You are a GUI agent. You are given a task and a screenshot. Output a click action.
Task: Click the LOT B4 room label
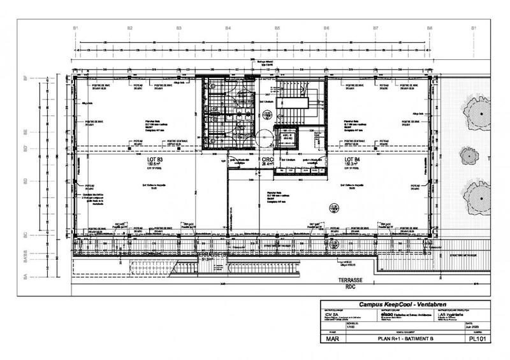pyautogui.click(x=353, y=159)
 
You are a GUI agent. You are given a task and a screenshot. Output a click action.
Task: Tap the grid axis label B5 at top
pyautogui.click(x=277, y=29)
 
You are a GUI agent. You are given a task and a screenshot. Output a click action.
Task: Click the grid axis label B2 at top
pyautogui.click(x=129, y=29)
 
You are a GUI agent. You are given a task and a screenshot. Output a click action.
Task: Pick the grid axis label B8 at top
pyautogui.click(x=430, y=29)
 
